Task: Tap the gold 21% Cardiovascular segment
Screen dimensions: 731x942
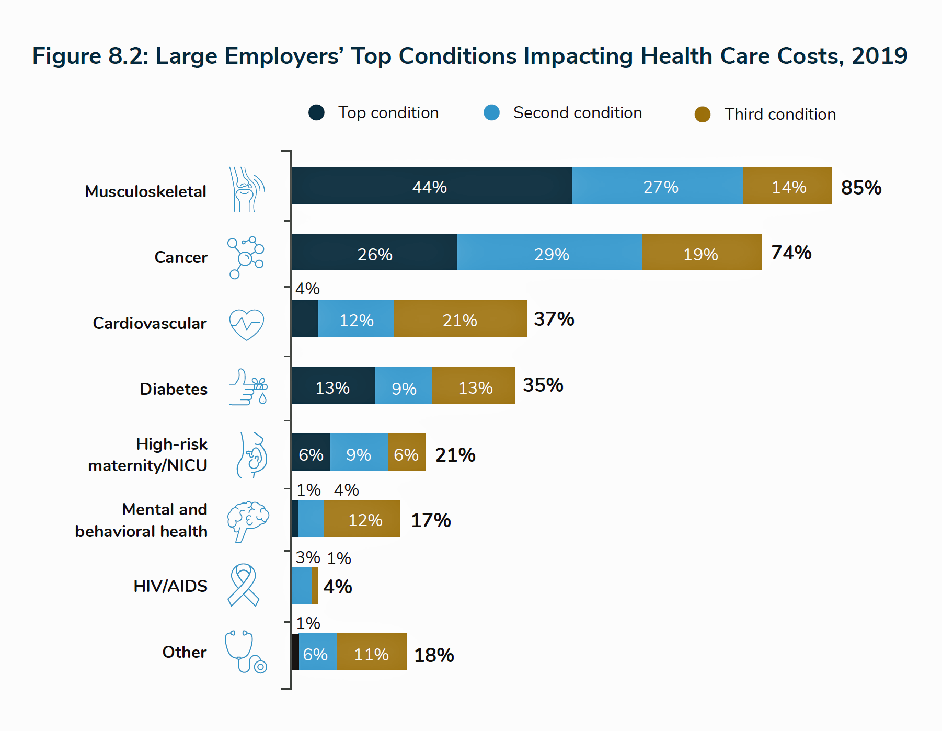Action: click(460, 319)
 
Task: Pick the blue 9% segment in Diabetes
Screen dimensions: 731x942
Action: click(404, 386)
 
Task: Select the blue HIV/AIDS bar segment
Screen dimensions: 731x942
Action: click(301, 586)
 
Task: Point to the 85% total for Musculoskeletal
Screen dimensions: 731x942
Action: click(861, 188)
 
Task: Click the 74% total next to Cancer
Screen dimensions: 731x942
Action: click(791, 253)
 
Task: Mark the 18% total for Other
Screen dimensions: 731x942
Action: click(434, 655)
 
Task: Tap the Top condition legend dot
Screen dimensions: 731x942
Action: click(316, 112)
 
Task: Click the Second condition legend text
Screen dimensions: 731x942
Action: click(577, 112)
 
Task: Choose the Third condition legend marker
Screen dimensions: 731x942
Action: click(702, 114)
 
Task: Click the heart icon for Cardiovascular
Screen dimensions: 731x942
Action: click(247, 324)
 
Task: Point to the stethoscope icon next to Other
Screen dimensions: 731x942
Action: click(245, 652)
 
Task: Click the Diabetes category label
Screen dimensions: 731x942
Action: click(174, 389)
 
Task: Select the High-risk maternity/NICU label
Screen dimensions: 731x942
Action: click(148, 454)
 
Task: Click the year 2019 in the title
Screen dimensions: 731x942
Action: click(879, 56)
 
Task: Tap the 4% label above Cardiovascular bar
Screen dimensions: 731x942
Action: click(307, 289)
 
